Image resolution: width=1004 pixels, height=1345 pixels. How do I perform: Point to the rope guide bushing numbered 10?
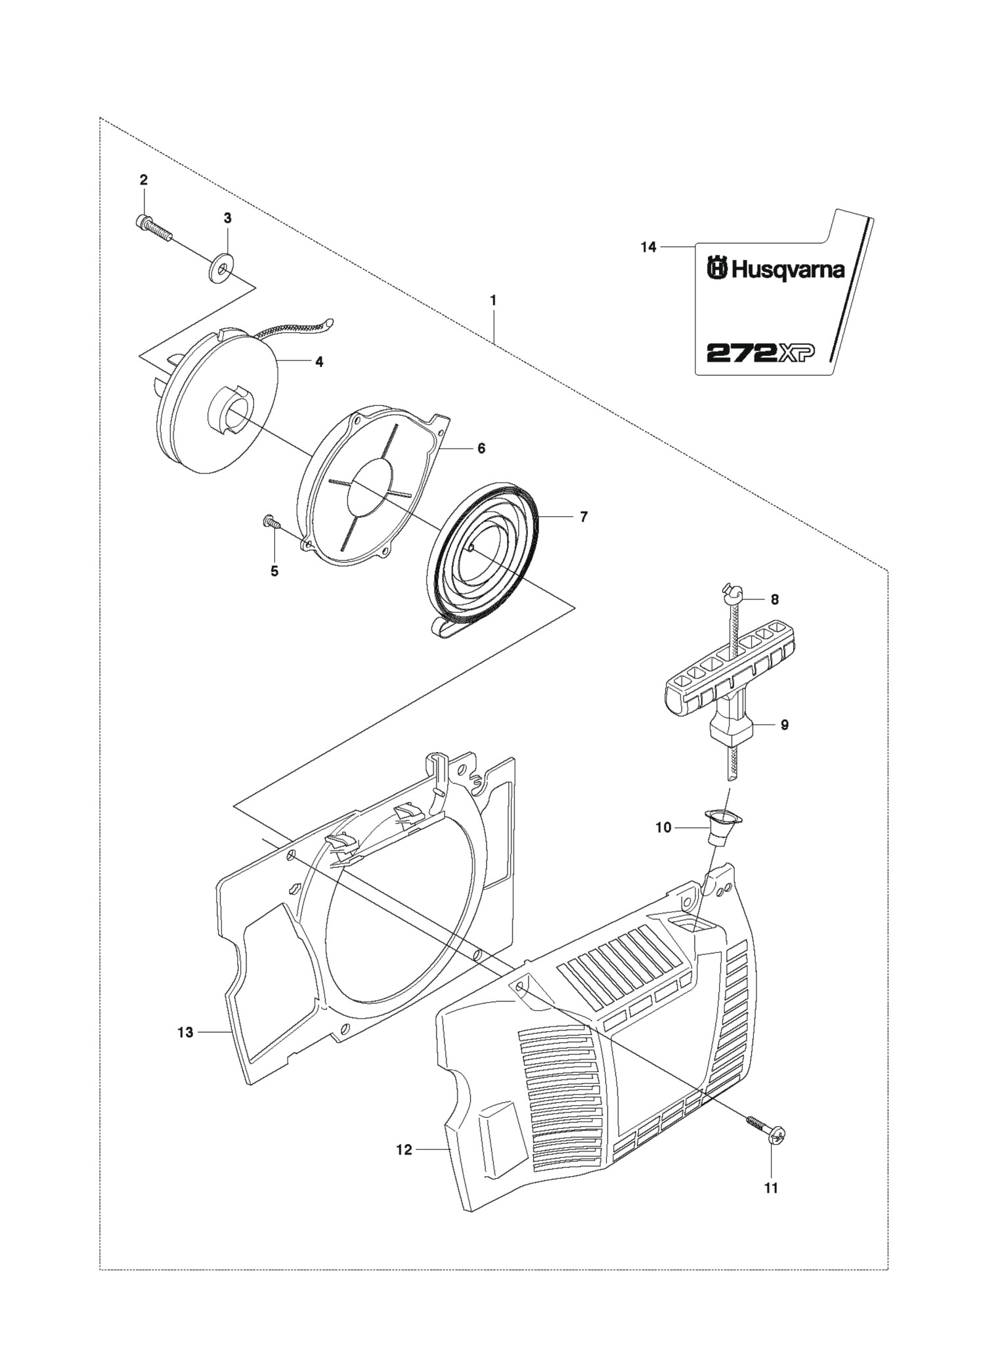pyautogui.click(x=723, y=825)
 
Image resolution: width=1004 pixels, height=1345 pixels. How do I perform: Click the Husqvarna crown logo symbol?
pyautogui.click(x=717, y=269)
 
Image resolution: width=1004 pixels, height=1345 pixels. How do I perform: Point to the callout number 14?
pyautogui.click(x=648, y=248)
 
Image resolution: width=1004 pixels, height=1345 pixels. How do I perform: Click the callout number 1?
pyautogui.click(x=492, y=300)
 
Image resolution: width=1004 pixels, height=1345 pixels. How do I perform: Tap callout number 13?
pyautogui.click(x=185, y=1032)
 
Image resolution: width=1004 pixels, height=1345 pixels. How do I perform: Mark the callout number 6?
pyautogui.click(x=481, y=448)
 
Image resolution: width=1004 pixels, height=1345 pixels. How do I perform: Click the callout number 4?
pyautogui.click(x=319, y=362)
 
